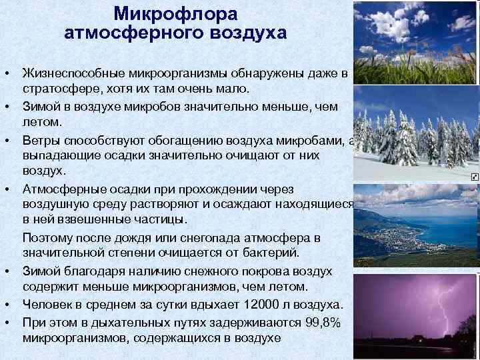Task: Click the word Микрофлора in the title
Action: pyautogui.click(x=175, y=13)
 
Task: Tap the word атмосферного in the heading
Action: pyautogui.click(x=129, y=33)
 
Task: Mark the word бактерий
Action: pyautogui.click(x=270, y=254)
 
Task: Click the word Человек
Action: pyautogui.click(x=51, y=305)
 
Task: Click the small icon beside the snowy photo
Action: pyautogui.click(x=474, y=177)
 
